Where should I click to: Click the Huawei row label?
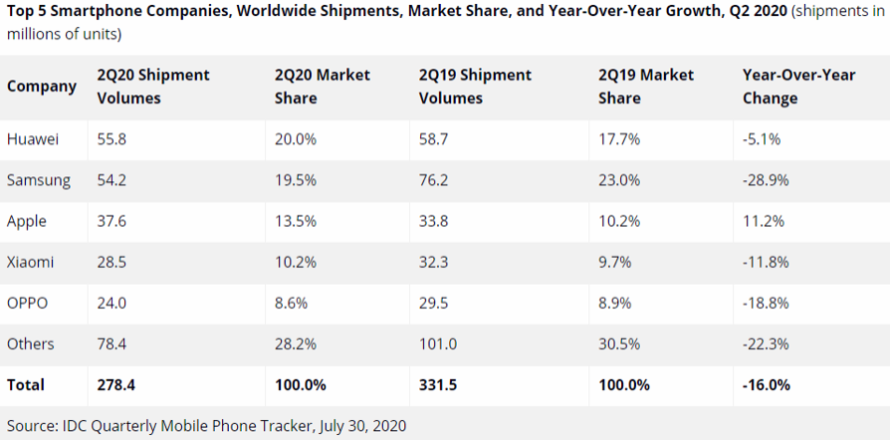pos(32,139)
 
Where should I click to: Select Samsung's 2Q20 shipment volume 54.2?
pos(111,180)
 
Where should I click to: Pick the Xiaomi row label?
pos(31,262)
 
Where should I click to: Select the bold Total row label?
pos(26,384)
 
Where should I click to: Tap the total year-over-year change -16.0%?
pos(767,384)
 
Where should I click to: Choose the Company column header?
pos(42,87)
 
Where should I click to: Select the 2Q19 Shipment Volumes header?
pos(475,87)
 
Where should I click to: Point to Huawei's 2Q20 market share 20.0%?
pos(296,139)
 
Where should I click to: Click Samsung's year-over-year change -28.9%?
pos(767,180)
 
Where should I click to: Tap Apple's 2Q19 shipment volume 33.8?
pos(434,221)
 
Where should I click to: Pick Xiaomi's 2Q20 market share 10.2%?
pos(295,262)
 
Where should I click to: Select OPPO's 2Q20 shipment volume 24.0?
pos(111,303)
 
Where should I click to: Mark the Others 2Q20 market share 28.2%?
pos(295,343)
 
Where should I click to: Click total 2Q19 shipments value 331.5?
pos(439,384)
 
